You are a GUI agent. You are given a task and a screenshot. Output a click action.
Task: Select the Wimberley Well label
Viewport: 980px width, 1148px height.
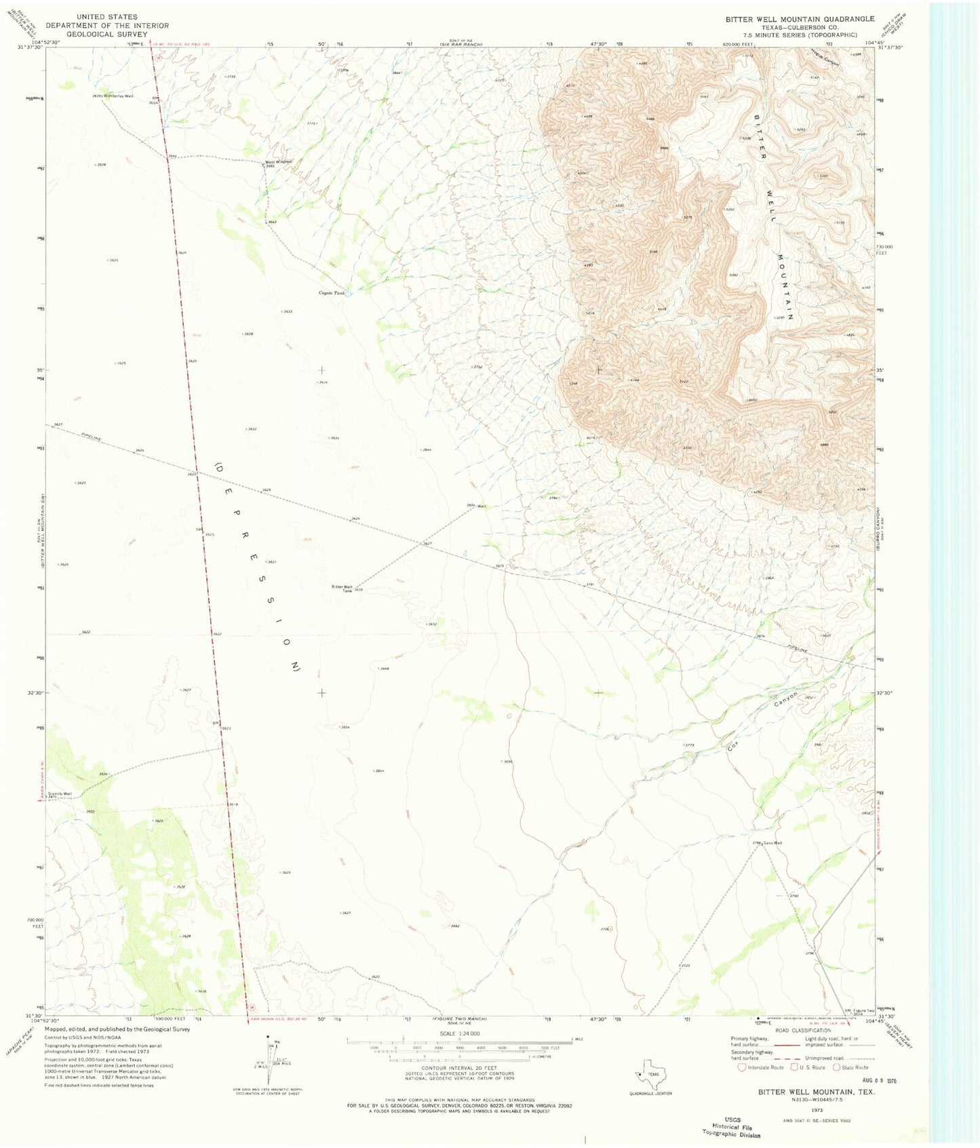(x=119, y=96)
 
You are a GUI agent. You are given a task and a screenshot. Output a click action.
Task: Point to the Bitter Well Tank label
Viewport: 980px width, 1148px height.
(x=342, y=589)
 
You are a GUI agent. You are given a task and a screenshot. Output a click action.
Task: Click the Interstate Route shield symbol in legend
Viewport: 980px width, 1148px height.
(x=743, y=1067)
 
